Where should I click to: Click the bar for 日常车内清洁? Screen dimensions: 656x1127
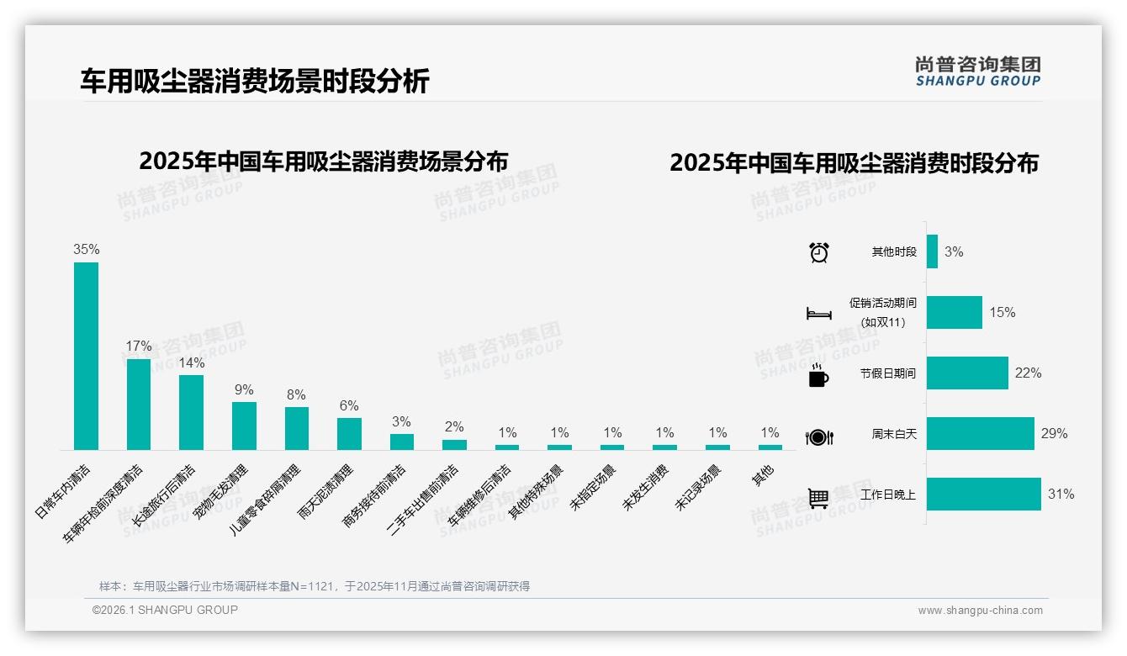(x=86, y=356)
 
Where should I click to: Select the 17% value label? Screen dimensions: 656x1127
(x=139, y=346)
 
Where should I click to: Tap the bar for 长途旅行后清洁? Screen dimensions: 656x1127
(x=191, y=412)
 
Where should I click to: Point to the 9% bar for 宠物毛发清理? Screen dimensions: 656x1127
(x=244, y=426)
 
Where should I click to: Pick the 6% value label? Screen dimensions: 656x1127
(x=349, y=405)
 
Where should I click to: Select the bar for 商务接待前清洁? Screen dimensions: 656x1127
(x=402, y=442)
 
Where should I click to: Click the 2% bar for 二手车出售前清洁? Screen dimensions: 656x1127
(x=454, y=444)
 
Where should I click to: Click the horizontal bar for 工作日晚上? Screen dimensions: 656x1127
(x=983, y=495)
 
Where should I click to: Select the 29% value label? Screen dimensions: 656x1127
(x=1054, y=434)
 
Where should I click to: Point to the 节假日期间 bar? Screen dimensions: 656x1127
(x=967, y=373)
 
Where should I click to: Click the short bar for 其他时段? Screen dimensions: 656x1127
(x=932, y=251)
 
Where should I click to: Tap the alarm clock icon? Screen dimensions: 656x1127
(x=818, y=252)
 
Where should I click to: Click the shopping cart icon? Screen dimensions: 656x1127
(x=818, y=498)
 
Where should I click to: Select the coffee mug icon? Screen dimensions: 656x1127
(x=818, y=376)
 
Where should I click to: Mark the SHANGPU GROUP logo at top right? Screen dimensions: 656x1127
(x=977, y=71)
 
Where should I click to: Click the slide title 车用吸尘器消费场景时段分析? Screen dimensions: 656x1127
(x=255, y=81)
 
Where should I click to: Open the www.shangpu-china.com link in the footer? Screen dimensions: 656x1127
(x=980, y=611)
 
